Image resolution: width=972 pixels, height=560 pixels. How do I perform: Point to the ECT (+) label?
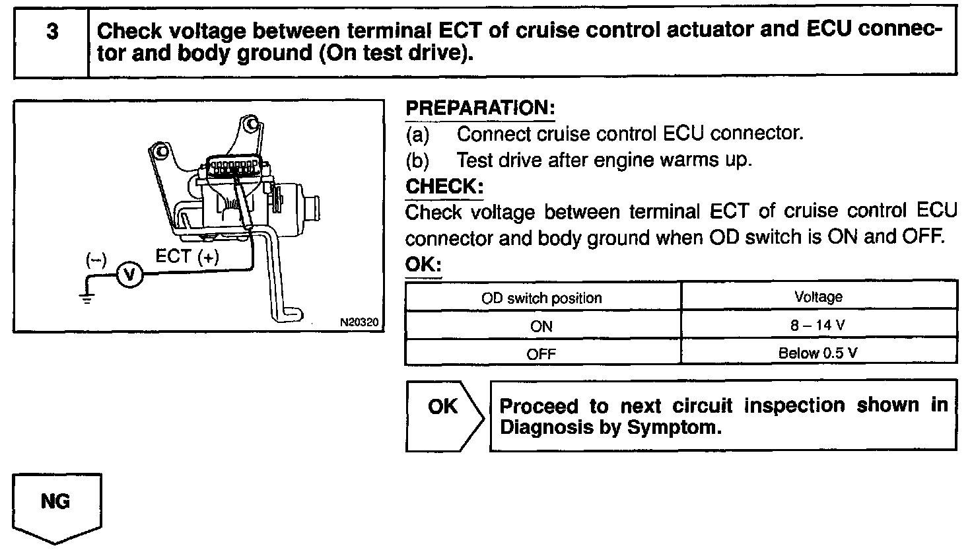coord(187,257)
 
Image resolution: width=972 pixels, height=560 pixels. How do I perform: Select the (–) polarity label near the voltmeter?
coord(96,259)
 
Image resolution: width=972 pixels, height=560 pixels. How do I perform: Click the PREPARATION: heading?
coord(479,108)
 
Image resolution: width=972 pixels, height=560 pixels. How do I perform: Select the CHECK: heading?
coord(444,186)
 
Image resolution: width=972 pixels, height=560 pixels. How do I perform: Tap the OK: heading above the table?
coord(423,265)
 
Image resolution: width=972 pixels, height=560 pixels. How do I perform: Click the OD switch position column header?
coord(541,298)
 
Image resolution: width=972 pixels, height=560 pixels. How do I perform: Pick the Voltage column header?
coord(818,297)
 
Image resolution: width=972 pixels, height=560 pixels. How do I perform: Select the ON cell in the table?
coord(541,326)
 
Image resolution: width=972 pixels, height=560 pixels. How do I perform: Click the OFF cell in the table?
coord(541,354)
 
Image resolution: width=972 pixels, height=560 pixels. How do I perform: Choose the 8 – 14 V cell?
coord(818,326)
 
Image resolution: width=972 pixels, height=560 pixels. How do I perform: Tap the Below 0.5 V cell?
coord(818,353)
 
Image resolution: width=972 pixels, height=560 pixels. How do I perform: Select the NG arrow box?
coord(56,505)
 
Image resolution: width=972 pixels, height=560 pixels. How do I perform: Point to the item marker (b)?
coord(417,160)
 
